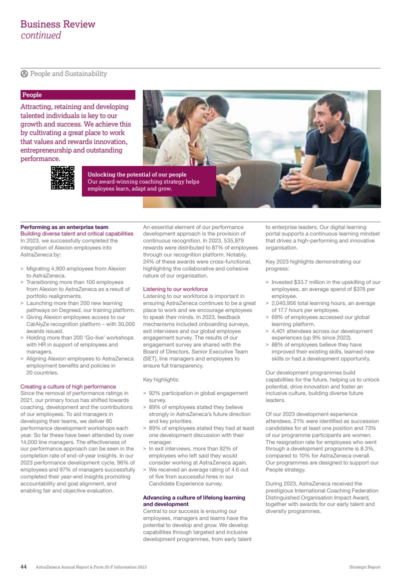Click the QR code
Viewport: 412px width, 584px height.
62,178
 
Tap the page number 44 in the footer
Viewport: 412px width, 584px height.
23,567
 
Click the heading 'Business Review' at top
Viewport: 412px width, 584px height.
58,24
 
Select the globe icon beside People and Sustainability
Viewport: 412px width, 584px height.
24,74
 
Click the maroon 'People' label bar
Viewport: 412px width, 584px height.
77,94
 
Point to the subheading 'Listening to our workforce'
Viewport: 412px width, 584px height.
175,289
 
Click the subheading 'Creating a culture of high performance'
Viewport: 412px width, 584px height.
68,386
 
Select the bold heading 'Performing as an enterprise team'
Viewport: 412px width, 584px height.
64,227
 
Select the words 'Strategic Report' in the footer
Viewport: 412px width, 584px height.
365,567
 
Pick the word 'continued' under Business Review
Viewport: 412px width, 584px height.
41,35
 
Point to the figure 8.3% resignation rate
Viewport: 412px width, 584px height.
369,449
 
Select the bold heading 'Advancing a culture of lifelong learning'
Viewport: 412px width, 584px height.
194,498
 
